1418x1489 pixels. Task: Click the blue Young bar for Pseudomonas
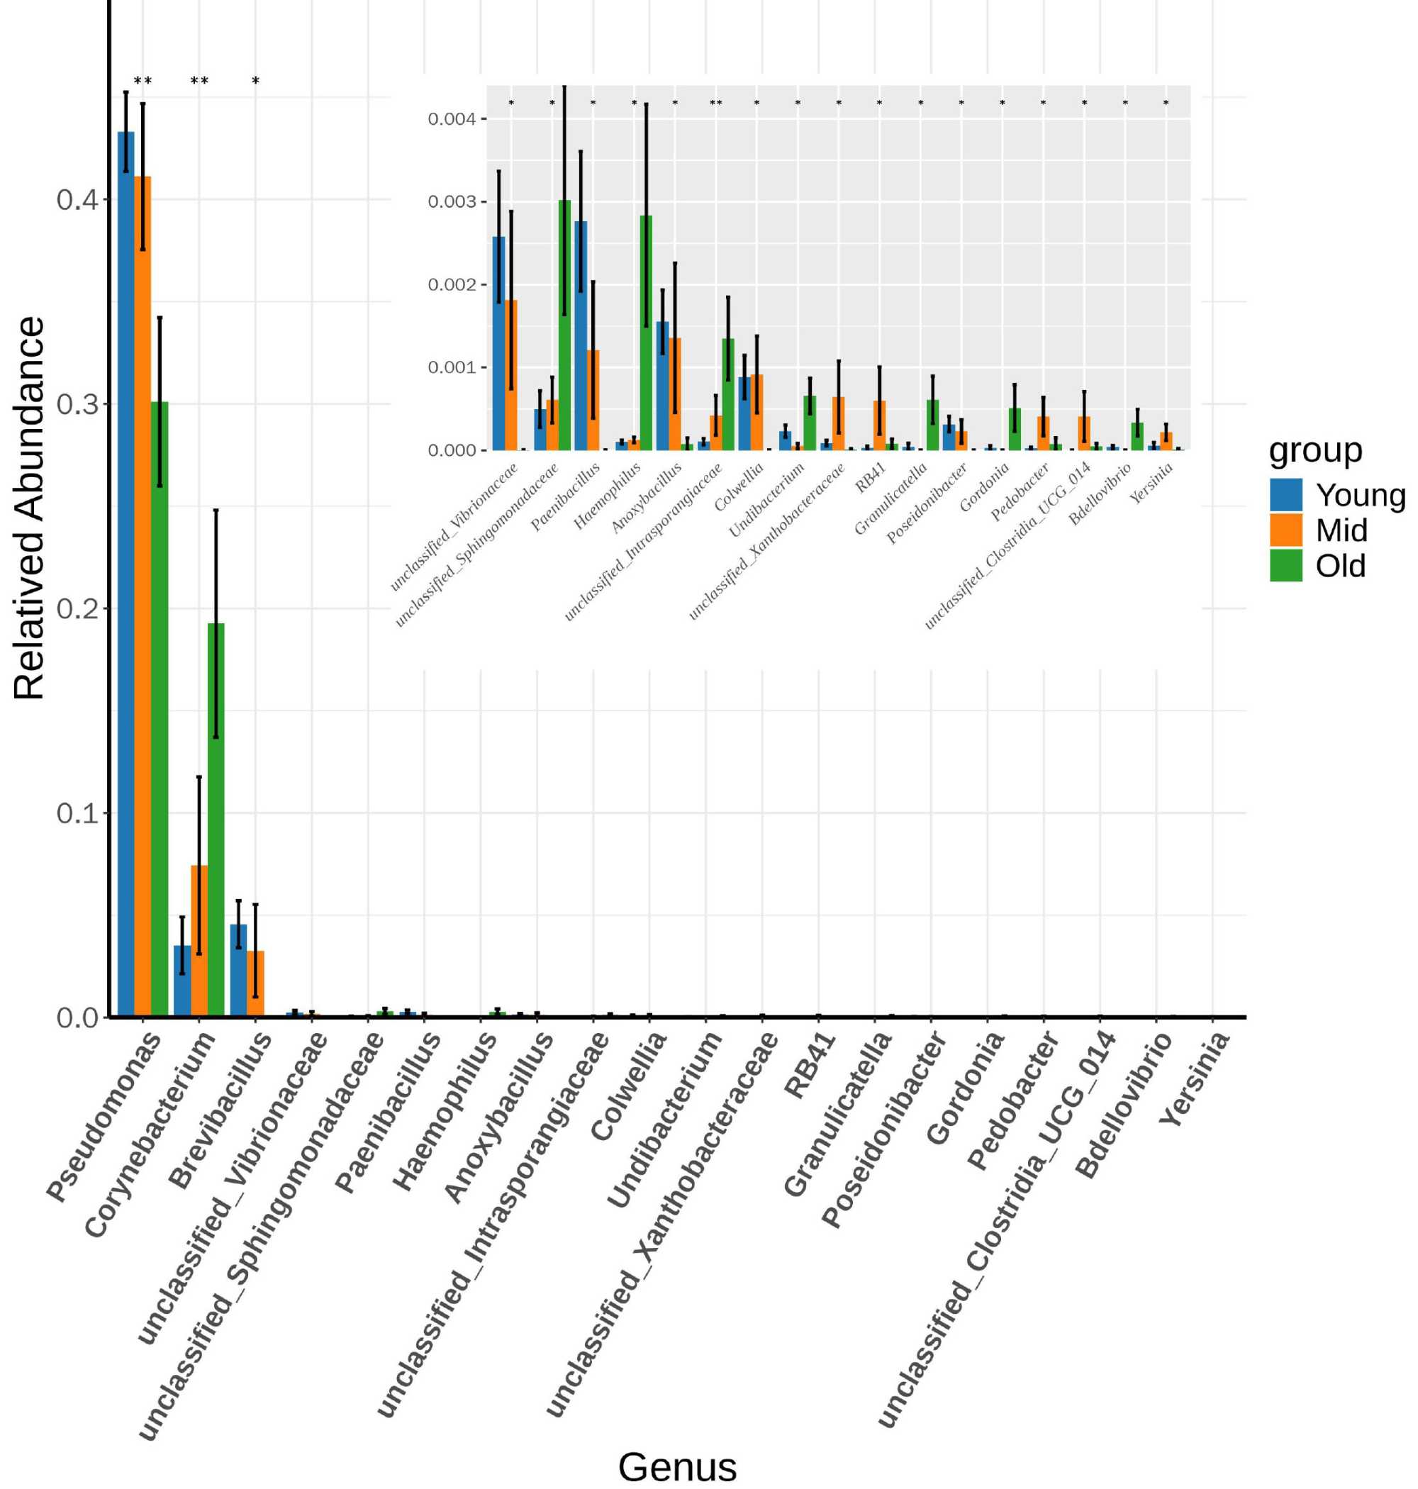[125, 574]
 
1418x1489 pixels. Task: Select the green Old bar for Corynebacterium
[216, 820]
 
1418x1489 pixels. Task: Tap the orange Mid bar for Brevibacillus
[255, 983]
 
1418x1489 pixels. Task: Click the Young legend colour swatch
[1285, 495]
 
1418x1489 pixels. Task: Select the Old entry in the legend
[1340, 566]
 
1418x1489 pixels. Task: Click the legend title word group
[1315, 450]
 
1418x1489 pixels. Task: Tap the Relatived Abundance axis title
[30, 508]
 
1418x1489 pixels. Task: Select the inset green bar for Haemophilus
[645, 333]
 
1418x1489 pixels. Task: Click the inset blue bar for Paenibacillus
[581, 335]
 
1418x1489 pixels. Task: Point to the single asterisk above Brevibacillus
[255, 82]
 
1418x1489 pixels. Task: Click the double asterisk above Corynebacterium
[199, 82]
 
